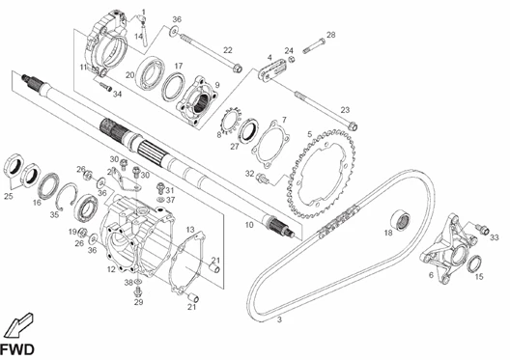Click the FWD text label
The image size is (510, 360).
click(17, 350)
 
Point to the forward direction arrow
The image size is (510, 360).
click(19, 325)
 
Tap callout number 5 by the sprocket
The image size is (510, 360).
click(309, 134)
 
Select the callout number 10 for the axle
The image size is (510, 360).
click(249, 225)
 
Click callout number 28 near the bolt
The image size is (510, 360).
click(330, 35)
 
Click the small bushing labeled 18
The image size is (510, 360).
click(401, 220)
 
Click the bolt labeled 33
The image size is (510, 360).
click(483, 229)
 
